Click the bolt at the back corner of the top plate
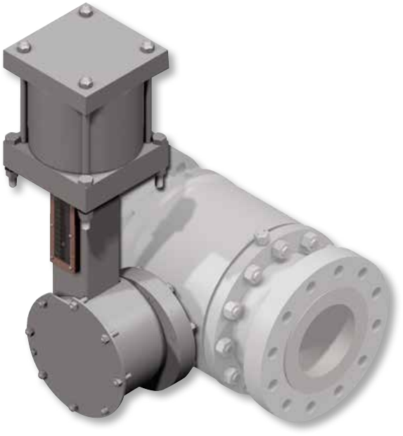[x=85, y=10]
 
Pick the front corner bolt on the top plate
[x=86, y=82]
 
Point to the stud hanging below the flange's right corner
[x=160, y=184]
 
